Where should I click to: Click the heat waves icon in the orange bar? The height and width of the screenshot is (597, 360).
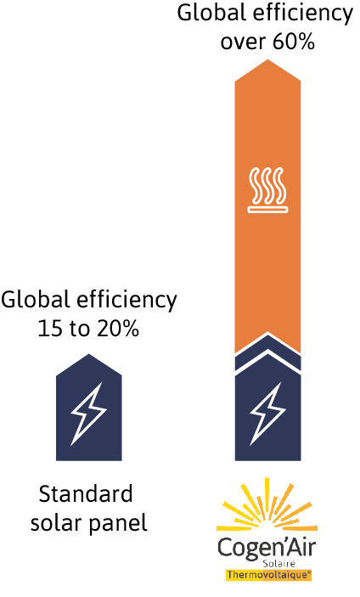pyautogui.click(x=268, y=189)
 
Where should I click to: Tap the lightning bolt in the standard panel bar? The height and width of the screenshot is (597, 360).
pyautogui.click(x=89, y=414)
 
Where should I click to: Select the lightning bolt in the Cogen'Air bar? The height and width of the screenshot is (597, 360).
pyautogui.click(x=268, y=414)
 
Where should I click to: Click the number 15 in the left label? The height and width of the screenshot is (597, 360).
pyautogui.click(x=51, y=328)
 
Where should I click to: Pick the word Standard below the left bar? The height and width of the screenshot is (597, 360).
pyautogui.click(x=86, y=493)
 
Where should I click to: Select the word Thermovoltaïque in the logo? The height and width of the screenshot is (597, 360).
pyautogui.click(x=269, y=575)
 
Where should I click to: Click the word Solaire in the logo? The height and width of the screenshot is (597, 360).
pyautogui.click(x=279, y=563)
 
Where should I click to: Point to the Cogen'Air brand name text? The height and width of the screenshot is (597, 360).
pyautogui.click(x=267, y=548)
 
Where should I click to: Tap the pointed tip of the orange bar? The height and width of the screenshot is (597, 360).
pyautogui.click(x=268, y=59)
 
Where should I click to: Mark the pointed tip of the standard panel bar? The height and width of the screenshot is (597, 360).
pyautogui.click(x=89, y=354)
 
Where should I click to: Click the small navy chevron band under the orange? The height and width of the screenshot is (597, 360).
pyautogui.click(x=268, y=352)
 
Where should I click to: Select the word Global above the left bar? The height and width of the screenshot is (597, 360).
pyautogui.click(x=36, y=300)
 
